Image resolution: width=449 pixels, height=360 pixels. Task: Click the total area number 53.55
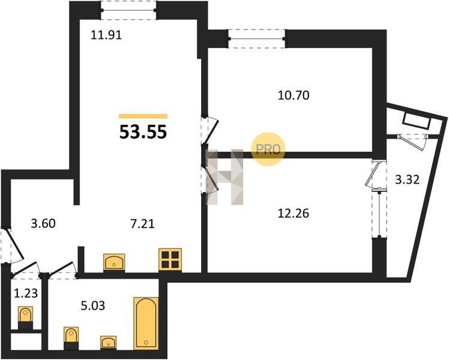coord(143,132)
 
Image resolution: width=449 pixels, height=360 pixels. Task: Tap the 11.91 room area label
coord(106,35)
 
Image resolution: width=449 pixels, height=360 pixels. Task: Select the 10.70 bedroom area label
coord(294,95)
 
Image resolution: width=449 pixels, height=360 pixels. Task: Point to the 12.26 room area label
coord(294,214)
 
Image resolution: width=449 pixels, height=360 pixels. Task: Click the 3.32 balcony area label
coord(407,180)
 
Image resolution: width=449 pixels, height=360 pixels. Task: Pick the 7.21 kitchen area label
coord(142,223)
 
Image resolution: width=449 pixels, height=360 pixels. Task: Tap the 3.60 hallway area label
coord(43,223)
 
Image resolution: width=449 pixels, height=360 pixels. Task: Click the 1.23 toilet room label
coord(26,293)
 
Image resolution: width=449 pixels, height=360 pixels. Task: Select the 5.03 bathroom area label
coord(93,305)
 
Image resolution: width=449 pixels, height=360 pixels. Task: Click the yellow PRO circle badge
coord(268,149)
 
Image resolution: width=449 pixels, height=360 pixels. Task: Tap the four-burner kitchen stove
coord(170,260)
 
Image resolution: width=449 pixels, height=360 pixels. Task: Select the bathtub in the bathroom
coord(146,323)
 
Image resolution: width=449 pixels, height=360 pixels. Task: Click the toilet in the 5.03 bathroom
coord(71,338)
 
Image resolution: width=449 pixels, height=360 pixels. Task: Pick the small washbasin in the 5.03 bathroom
coord(108,342)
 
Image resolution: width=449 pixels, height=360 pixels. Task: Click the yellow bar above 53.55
coord(143,116)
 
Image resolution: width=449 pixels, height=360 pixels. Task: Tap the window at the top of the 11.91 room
coord(128,10)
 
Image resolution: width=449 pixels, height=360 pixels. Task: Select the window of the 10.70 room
coord(257,38)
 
